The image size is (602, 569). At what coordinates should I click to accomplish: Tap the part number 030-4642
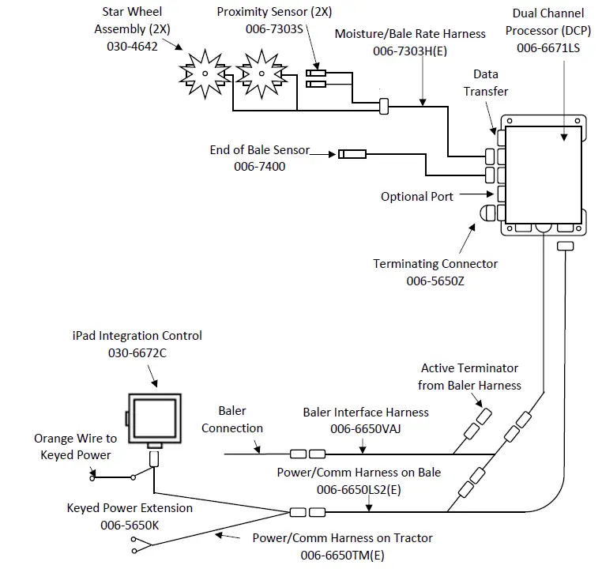click(x=133, y=47)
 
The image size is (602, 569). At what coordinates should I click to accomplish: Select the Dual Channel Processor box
click(x=543, y=174)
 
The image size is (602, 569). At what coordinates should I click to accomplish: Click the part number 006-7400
click(x=260, y=167)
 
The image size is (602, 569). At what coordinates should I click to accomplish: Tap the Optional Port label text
click(x=416, y=196)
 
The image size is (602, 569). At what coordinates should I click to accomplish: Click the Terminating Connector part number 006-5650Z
click(x=436, y=281)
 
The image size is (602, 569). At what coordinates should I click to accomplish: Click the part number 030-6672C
click(x=137, y=352)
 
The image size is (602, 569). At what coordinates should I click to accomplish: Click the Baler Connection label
click(x=231, y=420)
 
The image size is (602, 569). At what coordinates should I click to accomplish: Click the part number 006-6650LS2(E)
click(x=359, y=489)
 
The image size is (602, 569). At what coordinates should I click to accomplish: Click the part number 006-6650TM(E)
click(x=342, y=556)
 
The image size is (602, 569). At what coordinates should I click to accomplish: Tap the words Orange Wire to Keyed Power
click(x=76, y=447)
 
